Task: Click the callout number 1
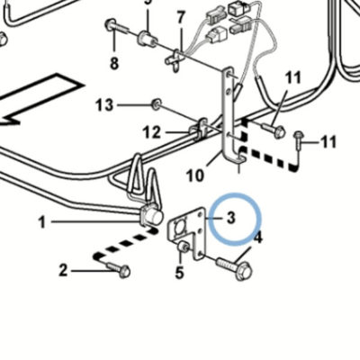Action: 42,222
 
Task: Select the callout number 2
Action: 63,271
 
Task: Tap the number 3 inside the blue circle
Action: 230,218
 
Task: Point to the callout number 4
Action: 258,238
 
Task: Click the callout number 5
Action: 179,273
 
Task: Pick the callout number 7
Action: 180,18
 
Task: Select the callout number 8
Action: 114,64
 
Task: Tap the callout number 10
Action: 195,175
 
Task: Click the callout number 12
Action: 152,132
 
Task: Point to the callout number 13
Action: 104,105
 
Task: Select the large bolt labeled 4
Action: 235,268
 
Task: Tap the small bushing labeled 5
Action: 183,247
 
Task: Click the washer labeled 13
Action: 156,104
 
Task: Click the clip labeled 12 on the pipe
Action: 198,129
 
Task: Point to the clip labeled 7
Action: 175,59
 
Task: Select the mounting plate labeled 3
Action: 186,232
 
